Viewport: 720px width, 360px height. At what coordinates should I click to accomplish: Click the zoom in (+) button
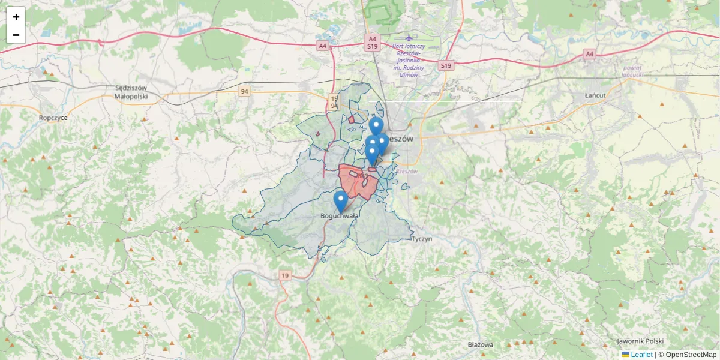point(16,17)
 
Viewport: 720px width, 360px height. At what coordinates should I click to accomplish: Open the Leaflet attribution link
point(641,355)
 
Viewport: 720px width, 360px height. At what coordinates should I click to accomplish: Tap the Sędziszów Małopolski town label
point(131,91)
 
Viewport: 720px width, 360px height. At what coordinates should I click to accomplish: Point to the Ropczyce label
point(53,118)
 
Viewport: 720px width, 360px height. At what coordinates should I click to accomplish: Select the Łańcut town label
point(595,95)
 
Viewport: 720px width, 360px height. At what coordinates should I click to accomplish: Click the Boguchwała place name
point(340,216)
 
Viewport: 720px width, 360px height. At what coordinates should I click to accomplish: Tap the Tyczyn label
point(422,239)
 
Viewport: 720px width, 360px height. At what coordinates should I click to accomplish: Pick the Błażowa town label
point(480,345)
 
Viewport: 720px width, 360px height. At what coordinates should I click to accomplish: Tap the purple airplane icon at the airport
point(409,38)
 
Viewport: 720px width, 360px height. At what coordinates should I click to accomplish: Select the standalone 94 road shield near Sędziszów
point(244,91)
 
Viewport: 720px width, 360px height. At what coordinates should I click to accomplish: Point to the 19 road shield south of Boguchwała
point(285,275)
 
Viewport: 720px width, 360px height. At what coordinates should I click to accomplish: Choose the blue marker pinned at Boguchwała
point(340,201)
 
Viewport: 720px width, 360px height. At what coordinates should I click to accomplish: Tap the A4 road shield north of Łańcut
point(589,54)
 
